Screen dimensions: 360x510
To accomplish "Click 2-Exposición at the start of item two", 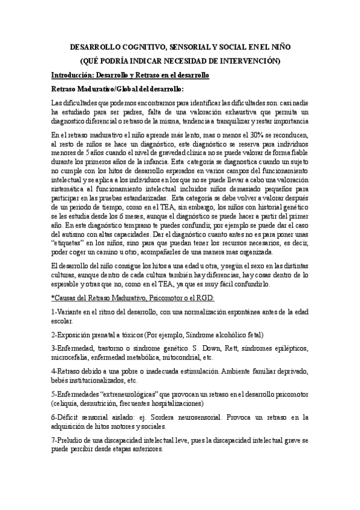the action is pos(75,334).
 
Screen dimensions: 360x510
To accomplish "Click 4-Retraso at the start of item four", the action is pos(67,372).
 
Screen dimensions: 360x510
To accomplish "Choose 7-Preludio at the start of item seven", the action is pos(71,440).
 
